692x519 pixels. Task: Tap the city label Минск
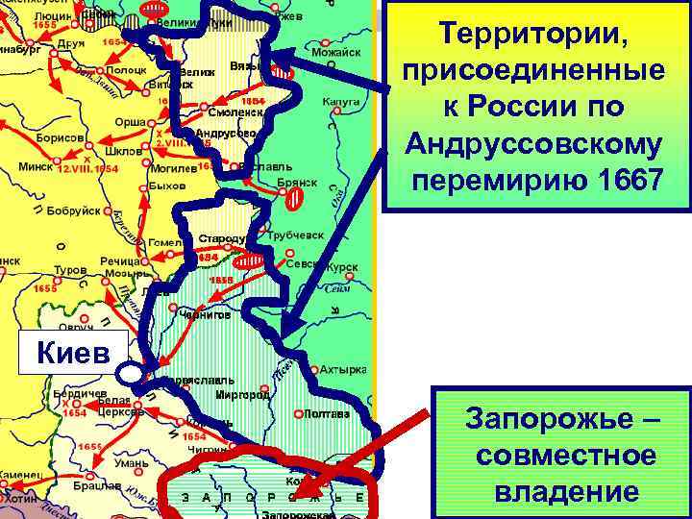[36, 165]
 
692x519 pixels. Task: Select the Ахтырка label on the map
[342, 369]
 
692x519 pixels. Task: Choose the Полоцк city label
[127, 69]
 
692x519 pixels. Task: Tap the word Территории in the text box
[535, 35]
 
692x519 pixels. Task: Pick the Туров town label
[69, 270]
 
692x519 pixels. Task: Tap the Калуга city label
[341, 100]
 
